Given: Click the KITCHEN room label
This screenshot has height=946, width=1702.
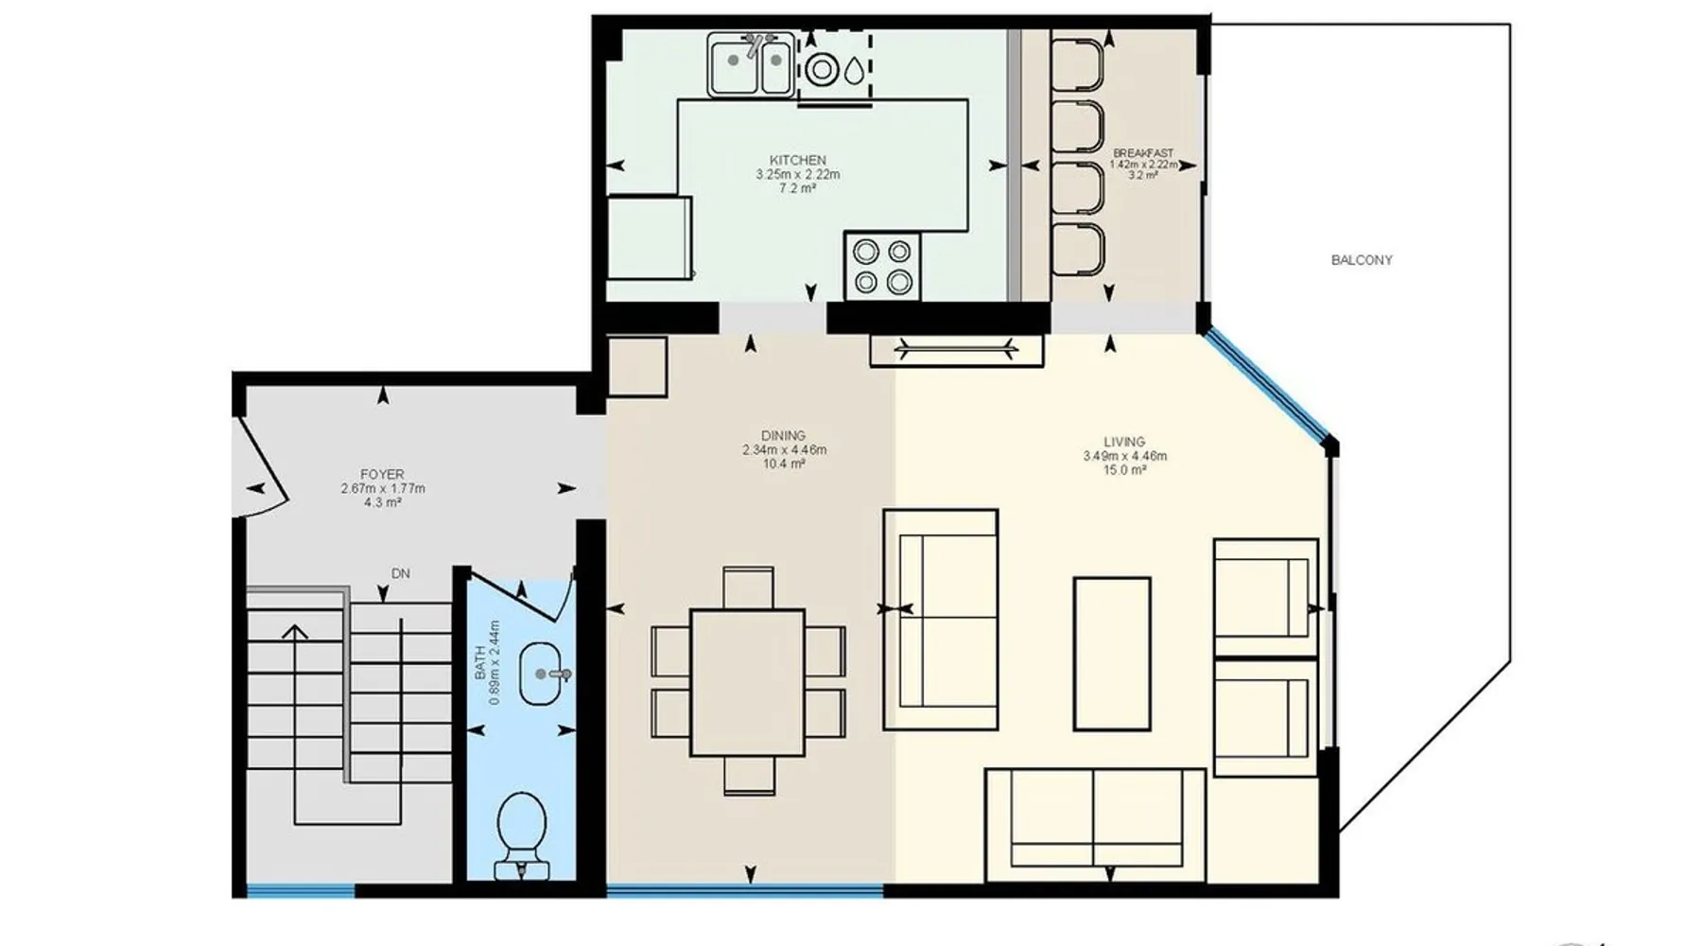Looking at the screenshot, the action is pos(798,160).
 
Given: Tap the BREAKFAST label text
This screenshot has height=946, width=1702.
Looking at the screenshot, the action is pos(1143,153).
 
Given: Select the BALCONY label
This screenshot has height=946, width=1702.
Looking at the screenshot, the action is pos(1362,260).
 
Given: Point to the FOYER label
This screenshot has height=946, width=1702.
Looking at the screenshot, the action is pos(382,474).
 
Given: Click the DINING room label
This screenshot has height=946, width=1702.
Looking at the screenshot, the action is pos(783,436).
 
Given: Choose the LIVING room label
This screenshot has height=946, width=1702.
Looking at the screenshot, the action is pos(1124,442).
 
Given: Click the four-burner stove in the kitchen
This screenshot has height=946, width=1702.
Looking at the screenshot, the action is pos(882,266).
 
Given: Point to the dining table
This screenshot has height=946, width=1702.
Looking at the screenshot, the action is pos(748,682).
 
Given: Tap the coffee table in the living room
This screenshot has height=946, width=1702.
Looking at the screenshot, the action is pos(1112,654).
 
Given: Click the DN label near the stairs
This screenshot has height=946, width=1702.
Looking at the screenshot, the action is pos(401,574).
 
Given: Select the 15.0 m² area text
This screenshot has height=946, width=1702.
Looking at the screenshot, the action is pos(1124,470).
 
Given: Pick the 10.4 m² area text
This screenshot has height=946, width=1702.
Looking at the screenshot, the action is pos(784,464).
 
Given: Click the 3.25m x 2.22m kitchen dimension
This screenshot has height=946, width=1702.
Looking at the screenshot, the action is pos(798,174).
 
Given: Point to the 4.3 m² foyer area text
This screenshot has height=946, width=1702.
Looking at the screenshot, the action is pos(382,503).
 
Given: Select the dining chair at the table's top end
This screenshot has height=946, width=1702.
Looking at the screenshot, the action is pos(748,587).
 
